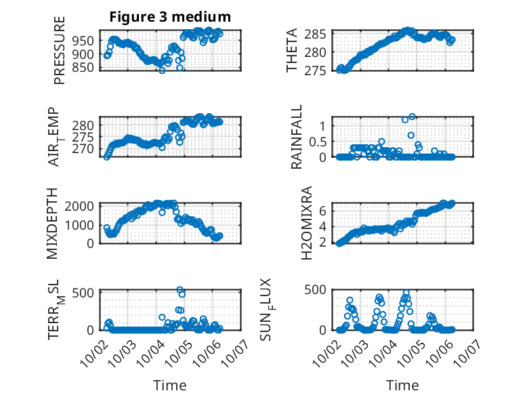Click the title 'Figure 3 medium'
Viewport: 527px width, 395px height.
pyautogui.click(x=171, y=16)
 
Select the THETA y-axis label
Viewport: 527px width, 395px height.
pyautogui.click(x=292, y=51)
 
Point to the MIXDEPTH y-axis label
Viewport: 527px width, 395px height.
pyautogui.click(x=53, y=223)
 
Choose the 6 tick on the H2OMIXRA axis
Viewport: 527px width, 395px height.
pyautogui.click(x=323, y=211)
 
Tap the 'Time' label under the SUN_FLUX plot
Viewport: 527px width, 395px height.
pyautogui.click(x=402, y=385)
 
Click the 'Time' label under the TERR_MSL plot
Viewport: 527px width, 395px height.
pyautogui.click(x=170, y=385)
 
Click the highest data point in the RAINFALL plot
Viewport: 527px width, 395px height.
pyautogui.click(x=412, y=117)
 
